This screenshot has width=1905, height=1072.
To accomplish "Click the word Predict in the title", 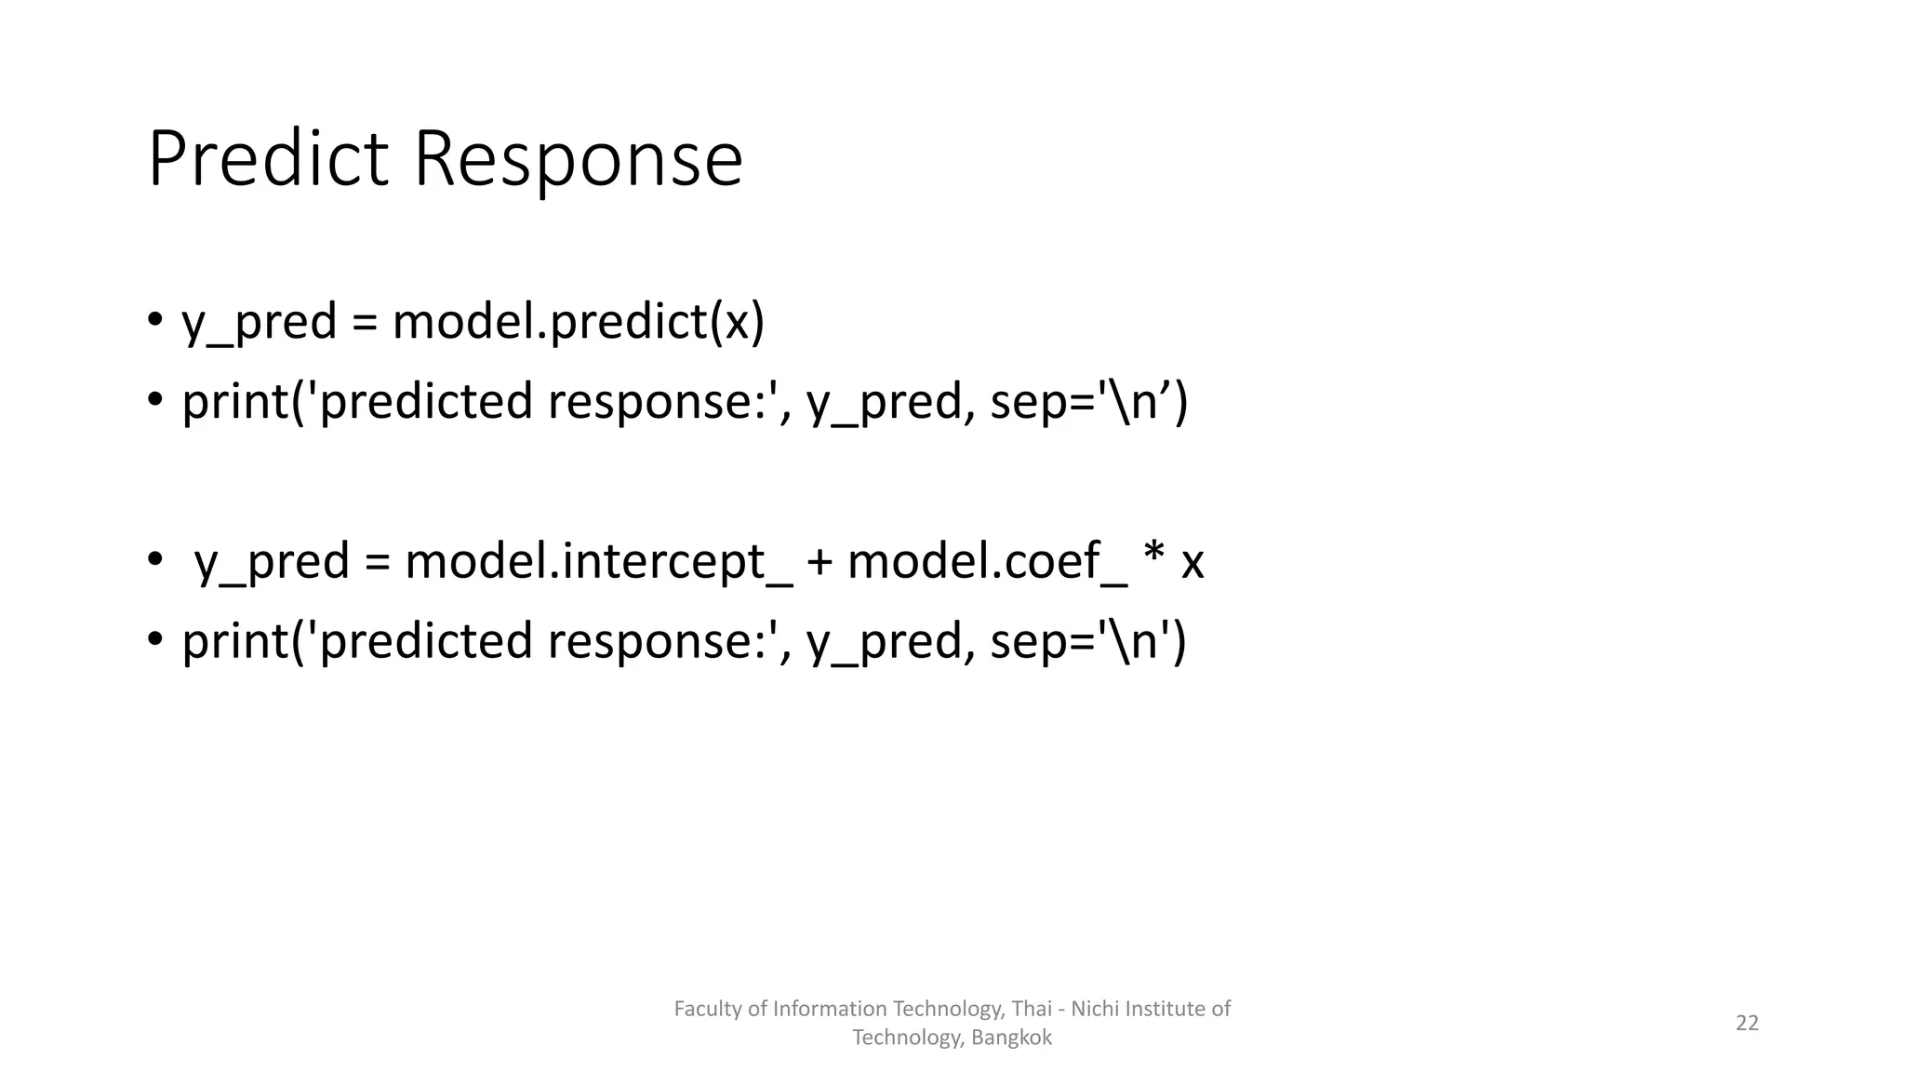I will pos(268,159).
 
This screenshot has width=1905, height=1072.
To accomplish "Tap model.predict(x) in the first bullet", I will pos(578,323).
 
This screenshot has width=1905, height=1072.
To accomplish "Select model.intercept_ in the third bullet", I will pos(598,562).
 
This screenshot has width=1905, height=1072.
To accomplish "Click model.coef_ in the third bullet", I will pos(986,562).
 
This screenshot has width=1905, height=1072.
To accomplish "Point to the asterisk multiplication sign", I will pos(1153,555).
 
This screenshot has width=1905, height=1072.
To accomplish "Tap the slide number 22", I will pos(1747,1023).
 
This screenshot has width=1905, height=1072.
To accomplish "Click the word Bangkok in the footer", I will pos(1011,1038).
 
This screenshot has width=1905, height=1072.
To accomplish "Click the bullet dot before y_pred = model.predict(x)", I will pos(154,321).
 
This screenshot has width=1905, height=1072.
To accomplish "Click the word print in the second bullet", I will pos(235,403).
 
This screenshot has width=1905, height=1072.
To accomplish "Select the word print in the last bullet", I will pos(235,642).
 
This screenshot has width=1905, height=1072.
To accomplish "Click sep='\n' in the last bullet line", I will pos(1079,642).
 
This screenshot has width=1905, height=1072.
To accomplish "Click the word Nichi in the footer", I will pos(1096,1009).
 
